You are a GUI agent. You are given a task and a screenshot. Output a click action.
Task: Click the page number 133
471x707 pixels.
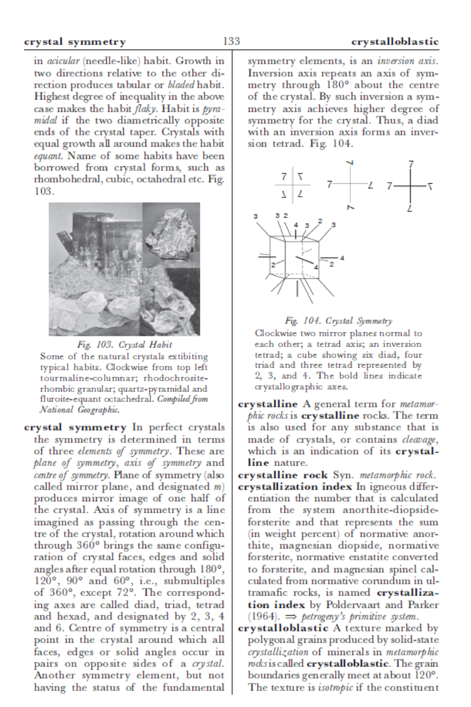coord(231,41)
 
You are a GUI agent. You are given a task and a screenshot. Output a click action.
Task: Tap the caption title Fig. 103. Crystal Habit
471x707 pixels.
coord(124,345)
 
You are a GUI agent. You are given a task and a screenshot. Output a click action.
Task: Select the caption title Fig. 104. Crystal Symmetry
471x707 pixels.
coord(338,321)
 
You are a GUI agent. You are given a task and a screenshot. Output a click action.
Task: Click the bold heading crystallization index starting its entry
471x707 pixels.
coord(291,487)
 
